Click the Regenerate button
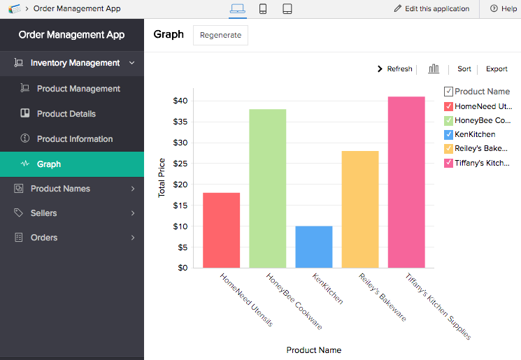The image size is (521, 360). tap(220, 35)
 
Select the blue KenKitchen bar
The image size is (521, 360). tap(314, 247)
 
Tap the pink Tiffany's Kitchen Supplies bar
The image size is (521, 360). tap(406, 182)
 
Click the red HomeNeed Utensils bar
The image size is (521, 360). tap(221, 230)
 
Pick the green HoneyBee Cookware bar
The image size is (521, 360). tap(267, 188)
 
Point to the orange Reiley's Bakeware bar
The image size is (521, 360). tap(360, 209)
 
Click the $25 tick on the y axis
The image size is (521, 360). tap(180, 164)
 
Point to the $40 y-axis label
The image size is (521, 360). tap(180, 101)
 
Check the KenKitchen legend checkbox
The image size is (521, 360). tap(448, 134)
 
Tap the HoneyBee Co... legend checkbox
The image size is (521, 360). tap(448, 120)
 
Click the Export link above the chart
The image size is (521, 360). tap(497, 69)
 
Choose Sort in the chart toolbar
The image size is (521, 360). tap(464, 69)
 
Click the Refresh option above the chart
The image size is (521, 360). tap(395, 69)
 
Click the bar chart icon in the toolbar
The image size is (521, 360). tap(434, 69)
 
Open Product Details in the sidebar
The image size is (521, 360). tap(66, 113)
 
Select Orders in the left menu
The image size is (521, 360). tap(44, 238)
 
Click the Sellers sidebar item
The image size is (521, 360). tap(43, 213)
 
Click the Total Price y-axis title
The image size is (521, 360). tap(162, 178)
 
